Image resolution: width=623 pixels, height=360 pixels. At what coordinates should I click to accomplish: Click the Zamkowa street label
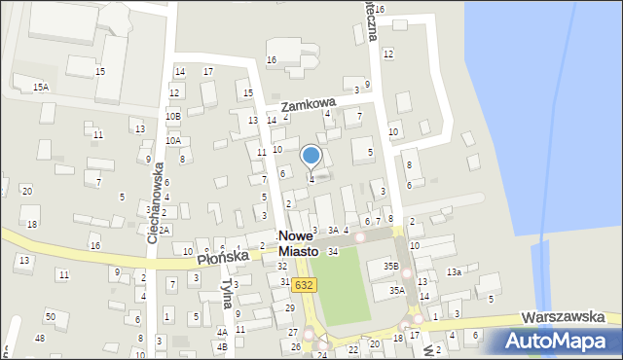click(308, 102)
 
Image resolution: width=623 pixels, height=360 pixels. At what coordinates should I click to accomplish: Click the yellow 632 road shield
click(304, 284)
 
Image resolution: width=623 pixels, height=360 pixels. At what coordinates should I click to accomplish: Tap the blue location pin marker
click(311, 157)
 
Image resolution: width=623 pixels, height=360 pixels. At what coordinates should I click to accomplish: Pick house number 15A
click(40, 88)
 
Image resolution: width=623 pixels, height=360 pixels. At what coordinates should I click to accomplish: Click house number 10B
click(172, 117)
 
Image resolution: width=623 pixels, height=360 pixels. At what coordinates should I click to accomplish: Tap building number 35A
click(397, 290)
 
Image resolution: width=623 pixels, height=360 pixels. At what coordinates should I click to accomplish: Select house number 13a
click(454, 272)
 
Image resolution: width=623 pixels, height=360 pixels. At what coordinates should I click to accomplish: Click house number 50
click(51, 317)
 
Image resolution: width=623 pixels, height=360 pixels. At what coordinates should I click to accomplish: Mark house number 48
click(40, 339)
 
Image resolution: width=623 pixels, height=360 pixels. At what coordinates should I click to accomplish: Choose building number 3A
click(333, 230)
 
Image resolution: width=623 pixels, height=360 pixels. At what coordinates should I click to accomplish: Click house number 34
click(333, 252)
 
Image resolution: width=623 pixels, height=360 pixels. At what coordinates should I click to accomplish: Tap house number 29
click(290, 307)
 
